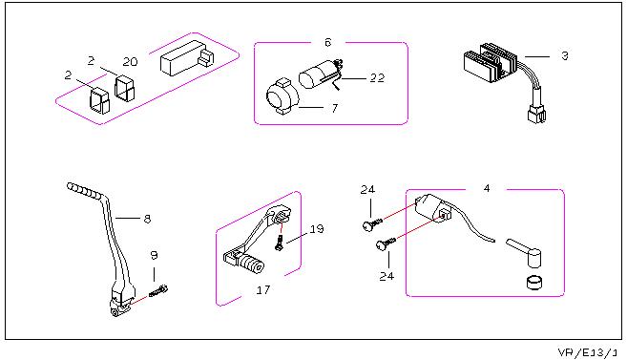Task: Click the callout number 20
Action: coord(130,62)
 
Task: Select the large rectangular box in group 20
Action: coord(187,58)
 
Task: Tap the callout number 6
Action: coord(328,42)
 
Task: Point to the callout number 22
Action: coord(377,77)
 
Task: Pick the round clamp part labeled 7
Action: coord(282,96)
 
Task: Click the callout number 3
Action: coord(565,55)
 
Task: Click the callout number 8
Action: coord(147,219)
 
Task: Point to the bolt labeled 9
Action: coord(158,291)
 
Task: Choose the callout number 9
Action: coord(154,255)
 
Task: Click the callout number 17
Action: coord(263,290)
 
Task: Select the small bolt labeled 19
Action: coord(280,243)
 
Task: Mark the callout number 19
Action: coord(317,229)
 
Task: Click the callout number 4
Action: coord(487,188)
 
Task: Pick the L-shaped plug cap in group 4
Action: coord(525,252)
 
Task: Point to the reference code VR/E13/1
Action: coord(588,352)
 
